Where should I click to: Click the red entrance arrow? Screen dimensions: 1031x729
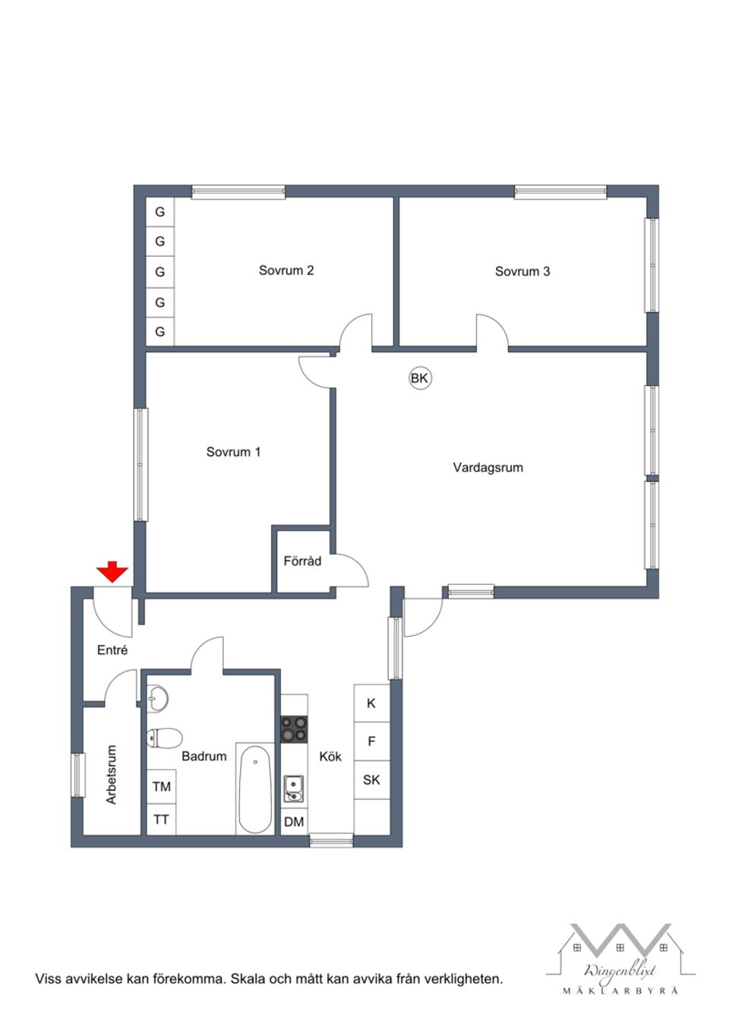[112, 571]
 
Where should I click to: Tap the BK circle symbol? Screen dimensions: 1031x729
[420, 378]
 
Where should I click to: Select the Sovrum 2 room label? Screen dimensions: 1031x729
[286, 270]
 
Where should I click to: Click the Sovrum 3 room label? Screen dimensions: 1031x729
[522, 271]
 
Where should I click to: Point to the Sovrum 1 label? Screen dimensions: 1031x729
[233, 452]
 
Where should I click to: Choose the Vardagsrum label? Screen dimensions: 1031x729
[488, 468]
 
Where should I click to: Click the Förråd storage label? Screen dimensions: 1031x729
[302, 561]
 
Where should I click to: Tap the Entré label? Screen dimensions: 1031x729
[112, 650]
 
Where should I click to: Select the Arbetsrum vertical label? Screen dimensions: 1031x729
[112, 774]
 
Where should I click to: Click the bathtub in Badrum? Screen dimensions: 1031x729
[254, 789]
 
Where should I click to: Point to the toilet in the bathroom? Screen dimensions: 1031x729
[164, 738]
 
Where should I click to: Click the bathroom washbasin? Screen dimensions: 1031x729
[157, 698]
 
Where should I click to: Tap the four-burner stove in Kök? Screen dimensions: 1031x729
[294, 729]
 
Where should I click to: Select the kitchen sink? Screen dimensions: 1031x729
[294, 788]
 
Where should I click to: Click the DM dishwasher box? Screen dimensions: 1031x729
[294, 821]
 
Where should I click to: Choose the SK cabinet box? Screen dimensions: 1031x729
[371, 780]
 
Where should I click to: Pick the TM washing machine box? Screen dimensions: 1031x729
[162, 786]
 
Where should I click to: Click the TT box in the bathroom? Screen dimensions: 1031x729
[162, 820]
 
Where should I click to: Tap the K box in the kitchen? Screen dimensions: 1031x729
[371, 704]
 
